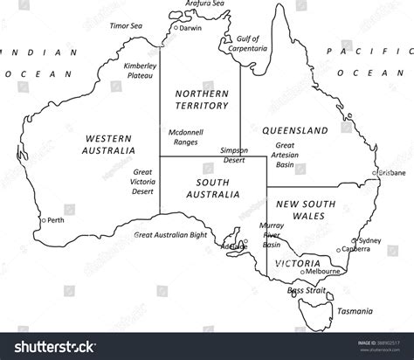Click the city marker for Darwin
[175, 28]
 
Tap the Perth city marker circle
[43, 220]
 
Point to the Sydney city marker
[354, 239]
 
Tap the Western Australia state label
[109, 144]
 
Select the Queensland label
[295, 130]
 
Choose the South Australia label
[213, 187]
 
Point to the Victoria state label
[295, 263]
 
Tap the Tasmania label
[356, 310]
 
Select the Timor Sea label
[124, 26]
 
